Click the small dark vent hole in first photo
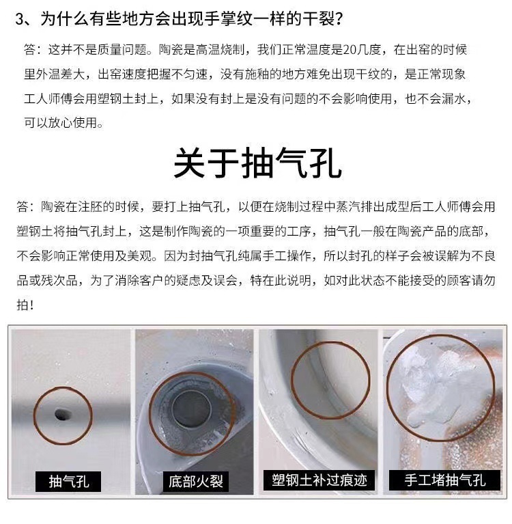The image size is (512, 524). tap(61, 412)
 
